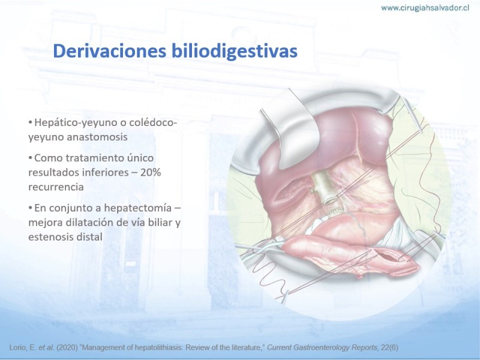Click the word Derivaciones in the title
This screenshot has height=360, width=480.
[110, 51]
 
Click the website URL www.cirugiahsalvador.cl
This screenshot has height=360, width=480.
[425, 8]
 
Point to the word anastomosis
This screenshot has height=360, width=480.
[97, 137]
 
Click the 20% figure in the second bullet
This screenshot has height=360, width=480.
[151, 172]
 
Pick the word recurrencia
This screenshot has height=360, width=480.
[56, 187]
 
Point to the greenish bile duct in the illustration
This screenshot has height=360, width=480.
[325, 187]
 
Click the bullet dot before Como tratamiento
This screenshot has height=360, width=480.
[31, 158]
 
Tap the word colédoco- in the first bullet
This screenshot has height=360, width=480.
[154, 123]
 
